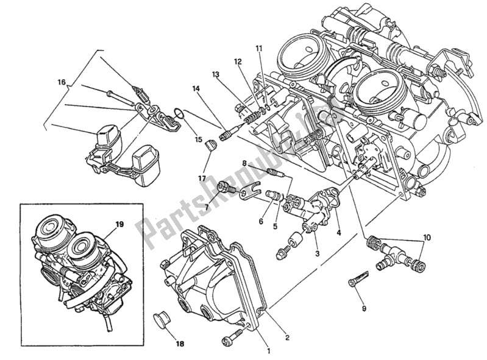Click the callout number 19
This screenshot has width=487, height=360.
[x=119, y=224]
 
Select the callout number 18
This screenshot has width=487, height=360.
[x=163, y=343]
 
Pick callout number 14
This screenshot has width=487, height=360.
[x=196, y=89]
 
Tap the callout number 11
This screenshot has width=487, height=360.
[x=258, y=48]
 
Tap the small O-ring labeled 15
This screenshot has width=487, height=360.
[x=177, y=113]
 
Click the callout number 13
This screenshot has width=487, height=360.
[x=216, y=74]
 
